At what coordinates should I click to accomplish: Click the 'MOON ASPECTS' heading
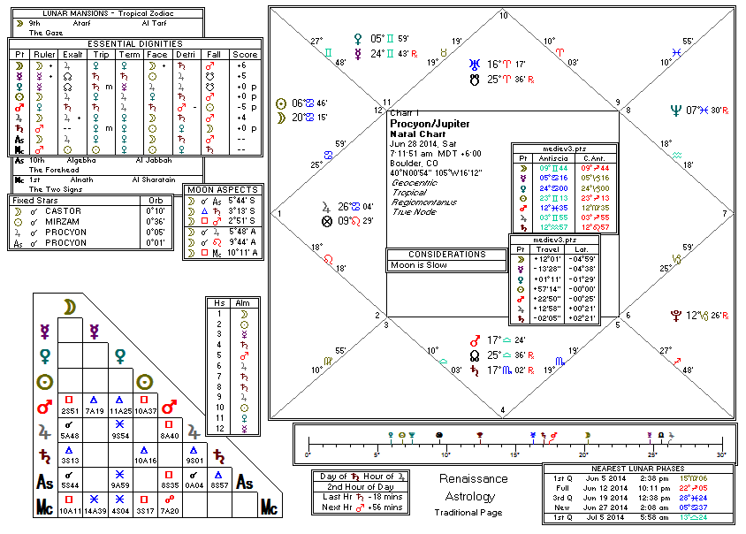pos(224,190)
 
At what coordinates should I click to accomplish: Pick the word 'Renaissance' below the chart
pos(475,479)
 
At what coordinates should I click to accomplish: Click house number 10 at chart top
pos(504,16)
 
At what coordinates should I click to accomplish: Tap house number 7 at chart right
pos(725,214)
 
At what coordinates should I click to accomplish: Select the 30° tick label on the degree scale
pos(719,454)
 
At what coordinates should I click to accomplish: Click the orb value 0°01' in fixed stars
pos(156,243)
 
